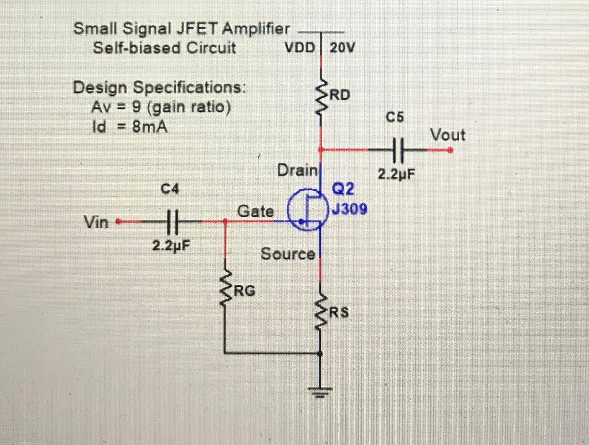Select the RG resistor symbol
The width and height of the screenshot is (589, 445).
(225, 289)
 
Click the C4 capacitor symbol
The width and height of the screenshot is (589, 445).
(170, 220)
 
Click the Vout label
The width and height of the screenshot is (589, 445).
(448, 136)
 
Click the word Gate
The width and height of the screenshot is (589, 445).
(256, 211)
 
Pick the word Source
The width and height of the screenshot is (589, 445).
(288, 253)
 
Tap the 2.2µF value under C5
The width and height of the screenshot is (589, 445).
(396, 174)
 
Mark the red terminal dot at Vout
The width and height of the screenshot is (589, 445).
(450, 150)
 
